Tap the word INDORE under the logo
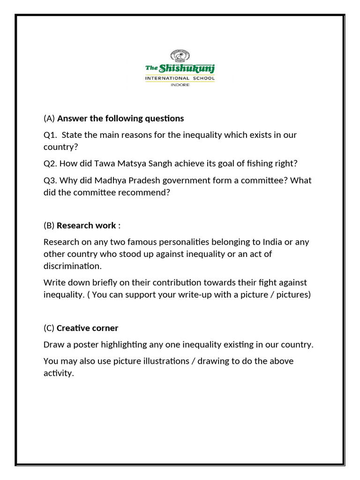[x=180, y=85]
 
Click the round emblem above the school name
[x=180, y=56]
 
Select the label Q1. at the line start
[x=51, y=135]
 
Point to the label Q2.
[x=51, y=163]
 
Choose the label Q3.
[x=51, y=180]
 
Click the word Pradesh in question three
[x=141, y=180]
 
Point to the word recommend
[x=146, y=193]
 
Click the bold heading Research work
[x=86, y=225]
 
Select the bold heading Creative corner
[x=88, y=328]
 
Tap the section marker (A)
[x=49, y=118]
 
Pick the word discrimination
[x=72, y=266]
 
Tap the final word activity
[x=59, y=374]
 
